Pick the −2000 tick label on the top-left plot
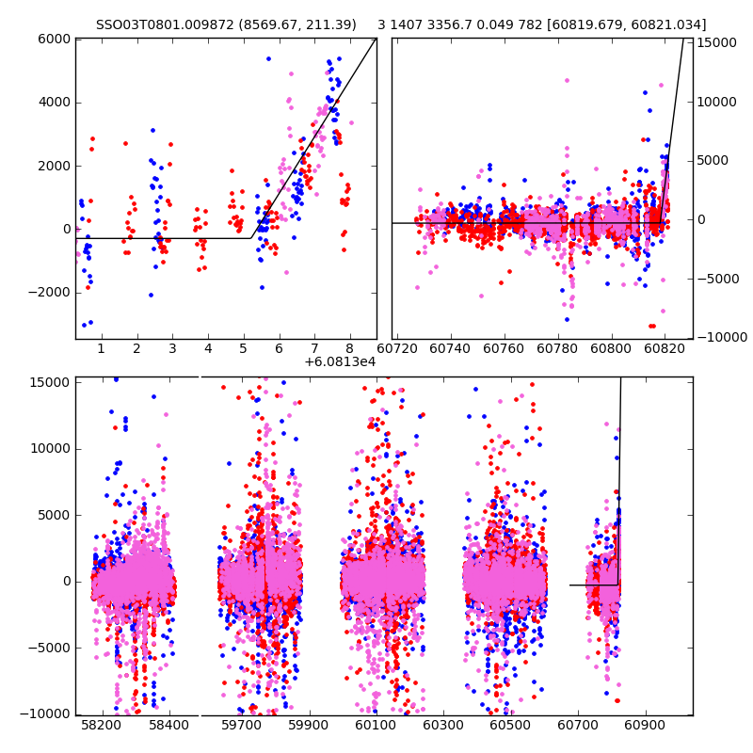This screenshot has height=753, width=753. click(50, 292)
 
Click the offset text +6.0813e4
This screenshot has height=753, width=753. click(340, 361)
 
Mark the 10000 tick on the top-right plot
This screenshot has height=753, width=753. click(716, 102)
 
